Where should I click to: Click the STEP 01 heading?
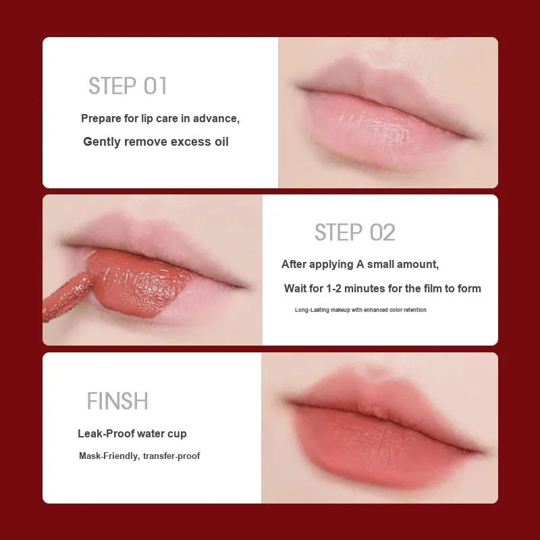[128, 86]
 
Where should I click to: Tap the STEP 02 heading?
[355, 232]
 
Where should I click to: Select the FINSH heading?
[117, 400]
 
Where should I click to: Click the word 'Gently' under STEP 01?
[102, 142]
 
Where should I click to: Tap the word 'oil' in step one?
[221, 142]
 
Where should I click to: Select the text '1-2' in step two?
[333, 289]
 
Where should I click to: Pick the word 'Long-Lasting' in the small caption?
[312, 310]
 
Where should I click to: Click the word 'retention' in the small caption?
[415, 310]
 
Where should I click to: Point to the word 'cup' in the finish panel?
[177, 434]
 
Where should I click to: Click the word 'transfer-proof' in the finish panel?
[171, 456]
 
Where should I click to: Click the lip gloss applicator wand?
[67, 297]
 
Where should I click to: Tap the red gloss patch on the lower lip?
[138, 284]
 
